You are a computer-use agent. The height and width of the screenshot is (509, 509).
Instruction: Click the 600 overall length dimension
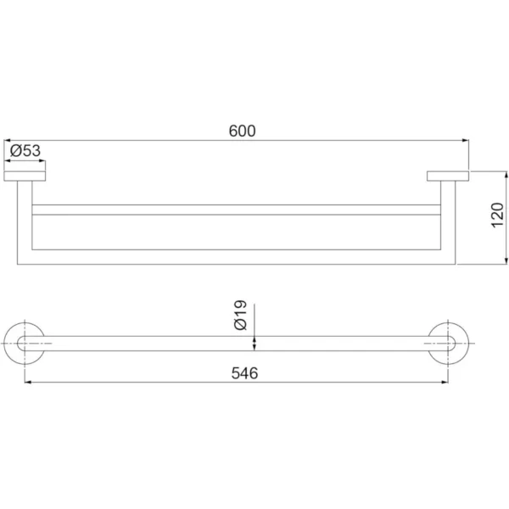(242, 131)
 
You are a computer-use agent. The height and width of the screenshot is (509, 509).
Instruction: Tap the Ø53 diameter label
(25, 151)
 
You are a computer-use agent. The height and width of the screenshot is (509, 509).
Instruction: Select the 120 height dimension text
(497, 215)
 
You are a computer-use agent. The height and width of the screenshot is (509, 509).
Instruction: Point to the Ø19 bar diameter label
(241, 315)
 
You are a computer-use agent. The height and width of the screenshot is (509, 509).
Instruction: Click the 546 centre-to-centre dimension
(244, 373)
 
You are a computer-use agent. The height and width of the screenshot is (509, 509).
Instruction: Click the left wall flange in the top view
(25, 176)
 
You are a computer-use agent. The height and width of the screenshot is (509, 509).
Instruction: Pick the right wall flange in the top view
(448, 176)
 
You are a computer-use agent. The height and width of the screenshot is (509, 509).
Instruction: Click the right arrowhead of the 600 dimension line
(466, 141)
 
